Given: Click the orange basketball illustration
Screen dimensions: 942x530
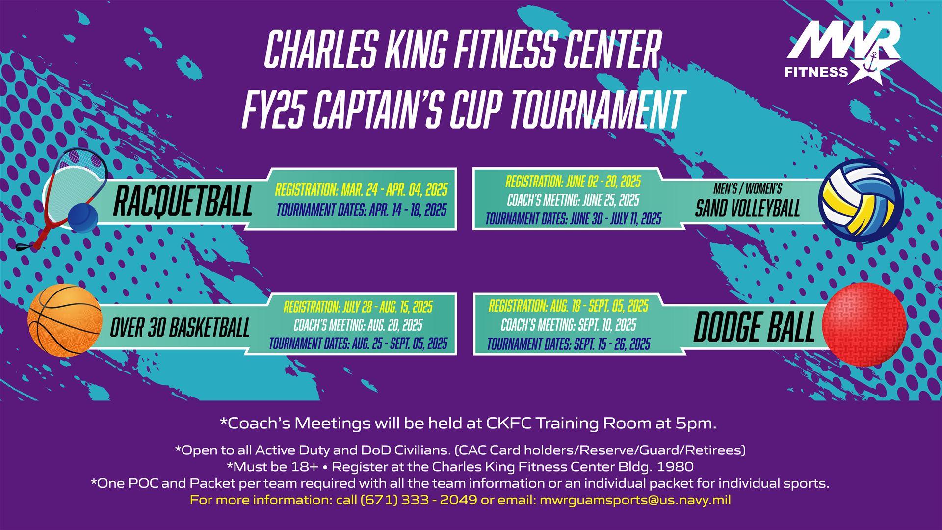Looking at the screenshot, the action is pos(65,321).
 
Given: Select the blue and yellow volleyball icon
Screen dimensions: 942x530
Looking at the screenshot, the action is pos(861,201).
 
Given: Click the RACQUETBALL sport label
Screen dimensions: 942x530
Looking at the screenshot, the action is pos(183,201).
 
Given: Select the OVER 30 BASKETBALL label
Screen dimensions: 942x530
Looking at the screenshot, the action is pos(180,327).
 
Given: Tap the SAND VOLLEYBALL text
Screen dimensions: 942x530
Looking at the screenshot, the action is pos(747,209).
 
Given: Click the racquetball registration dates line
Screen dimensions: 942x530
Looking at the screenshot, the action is pos(361,189).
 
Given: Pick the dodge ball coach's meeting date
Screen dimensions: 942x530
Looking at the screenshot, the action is pos(568,325).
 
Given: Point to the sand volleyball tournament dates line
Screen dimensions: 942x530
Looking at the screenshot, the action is pos(573,218).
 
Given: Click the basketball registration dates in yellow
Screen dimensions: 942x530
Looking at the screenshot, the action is pos(358,307).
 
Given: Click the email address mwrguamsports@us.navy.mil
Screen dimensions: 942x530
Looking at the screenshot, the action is pos(635,501).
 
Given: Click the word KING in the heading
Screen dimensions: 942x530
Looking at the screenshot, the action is pos(411,50).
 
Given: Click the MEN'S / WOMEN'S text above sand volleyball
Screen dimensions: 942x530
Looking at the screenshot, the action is pos(748,189).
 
